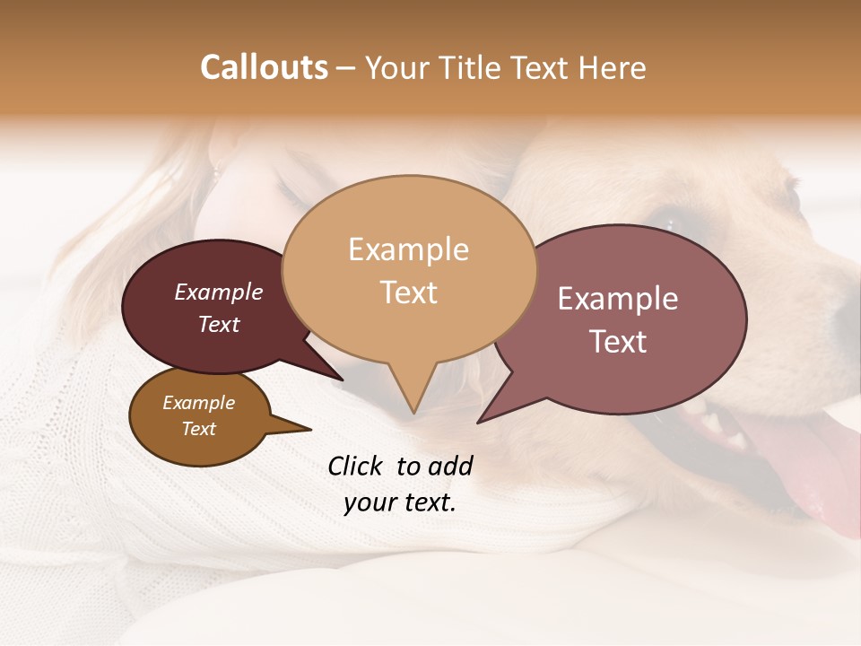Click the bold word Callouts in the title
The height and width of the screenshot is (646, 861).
pyautogui.click(x=264, y=67)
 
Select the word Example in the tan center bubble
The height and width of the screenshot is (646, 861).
pyautogui.click(x=408, y=249)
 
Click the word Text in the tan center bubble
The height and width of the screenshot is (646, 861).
pyautogui.click(x=408, y=292)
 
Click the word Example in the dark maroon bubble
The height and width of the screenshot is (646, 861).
pyautogui.click(x=218, y=292)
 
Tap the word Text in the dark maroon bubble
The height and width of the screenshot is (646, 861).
pyautogui.click(x=218, y=325)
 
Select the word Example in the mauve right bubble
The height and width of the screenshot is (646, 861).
pyautogui.click(x=617, y=299)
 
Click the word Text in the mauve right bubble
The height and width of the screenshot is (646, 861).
pyautogui.click(x=617, y=342)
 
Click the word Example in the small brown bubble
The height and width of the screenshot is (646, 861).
pyautogui.click(x=198, y=403)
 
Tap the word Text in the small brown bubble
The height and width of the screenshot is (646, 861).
pyautogui.click(x=198, y=429)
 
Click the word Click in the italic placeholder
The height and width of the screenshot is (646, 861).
pyautogui.click(x=357, y=466)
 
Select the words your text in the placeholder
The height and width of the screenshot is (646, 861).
pyautogui.click(x=399, y=503)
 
